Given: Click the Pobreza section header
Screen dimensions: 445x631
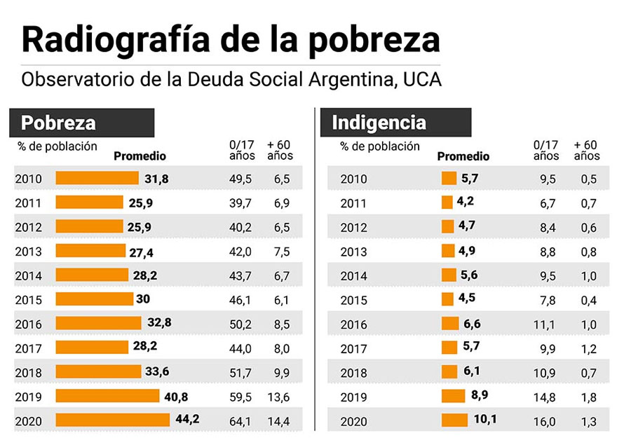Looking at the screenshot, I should [59, 123].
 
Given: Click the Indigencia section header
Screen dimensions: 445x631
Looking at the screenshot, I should [379, 123].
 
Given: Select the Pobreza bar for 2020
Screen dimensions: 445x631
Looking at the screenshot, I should [113, 420].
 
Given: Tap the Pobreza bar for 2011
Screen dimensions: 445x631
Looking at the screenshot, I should [89, 203].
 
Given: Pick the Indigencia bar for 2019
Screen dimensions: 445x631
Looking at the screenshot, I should [454, 396].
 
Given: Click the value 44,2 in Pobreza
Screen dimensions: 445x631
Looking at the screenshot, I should [187, 420].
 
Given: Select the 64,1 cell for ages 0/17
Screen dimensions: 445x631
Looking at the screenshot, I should [240, 421].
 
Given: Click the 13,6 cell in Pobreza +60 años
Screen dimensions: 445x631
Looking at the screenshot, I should [278, 397].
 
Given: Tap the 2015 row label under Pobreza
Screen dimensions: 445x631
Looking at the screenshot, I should [29, 300].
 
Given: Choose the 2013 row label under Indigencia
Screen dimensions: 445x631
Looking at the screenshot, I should [353, 252].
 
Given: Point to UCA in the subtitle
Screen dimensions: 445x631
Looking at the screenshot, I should [423, 79].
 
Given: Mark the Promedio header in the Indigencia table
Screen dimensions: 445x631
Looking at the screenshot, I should [463, 156].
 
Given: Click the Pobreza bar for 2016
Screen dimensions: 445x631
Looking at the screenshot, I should [99, 323].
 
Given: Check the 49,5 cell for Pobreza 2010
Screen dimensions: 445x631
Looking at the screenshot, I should [240, 179].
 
